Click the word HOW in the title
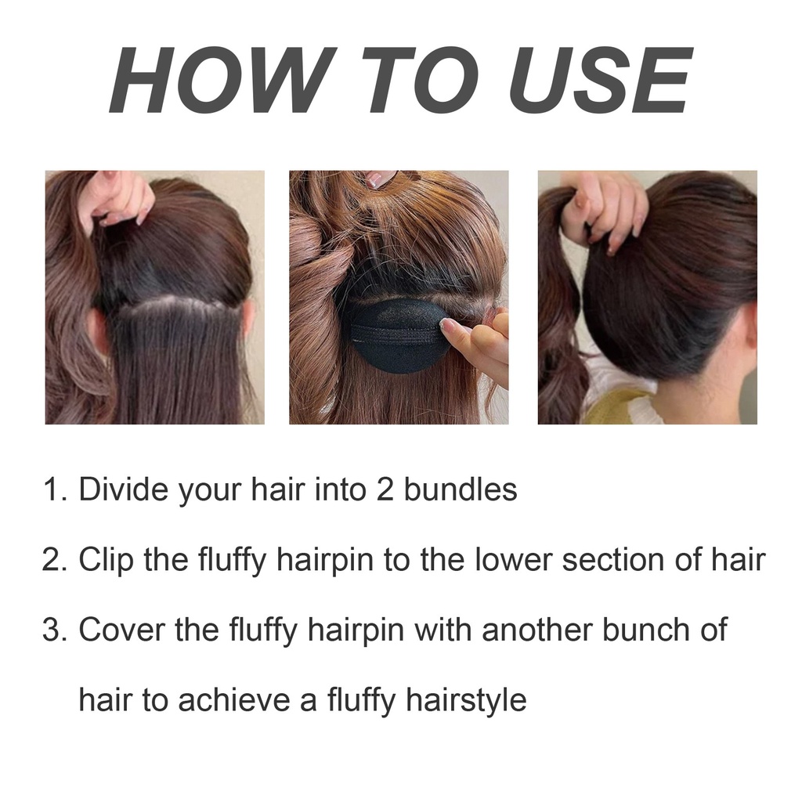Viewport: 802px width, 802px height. click(223, 80)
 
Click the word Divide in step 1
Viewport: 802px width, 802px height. click(123, 489)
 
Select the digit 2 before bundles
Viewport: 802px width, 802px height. click(385, 490)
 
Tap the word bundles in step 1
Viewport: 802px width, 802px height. click(461, 489)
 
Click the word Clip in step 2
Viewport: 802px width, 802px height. click(106, 559)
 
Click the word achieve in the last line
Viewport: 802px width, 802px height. click(233, 700)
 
